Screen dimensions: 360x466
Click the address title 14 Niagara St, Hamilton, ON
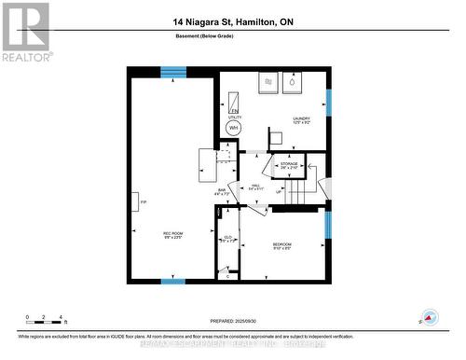[232, 21]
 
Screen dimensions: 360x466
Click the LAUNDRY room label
[300, 120]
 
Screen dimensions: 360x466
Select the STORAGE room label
[289, 165]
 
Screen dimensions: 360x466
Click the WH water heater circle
[234, 127]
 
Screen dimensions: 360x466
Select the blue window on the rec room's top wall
[172, 72]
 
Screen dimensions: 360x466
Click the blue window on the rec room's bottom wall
[172, 281]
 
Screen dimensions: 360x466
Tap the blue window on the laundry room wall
[328, 102]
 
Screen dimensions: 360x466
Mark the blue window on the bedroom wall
[328, 226]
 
